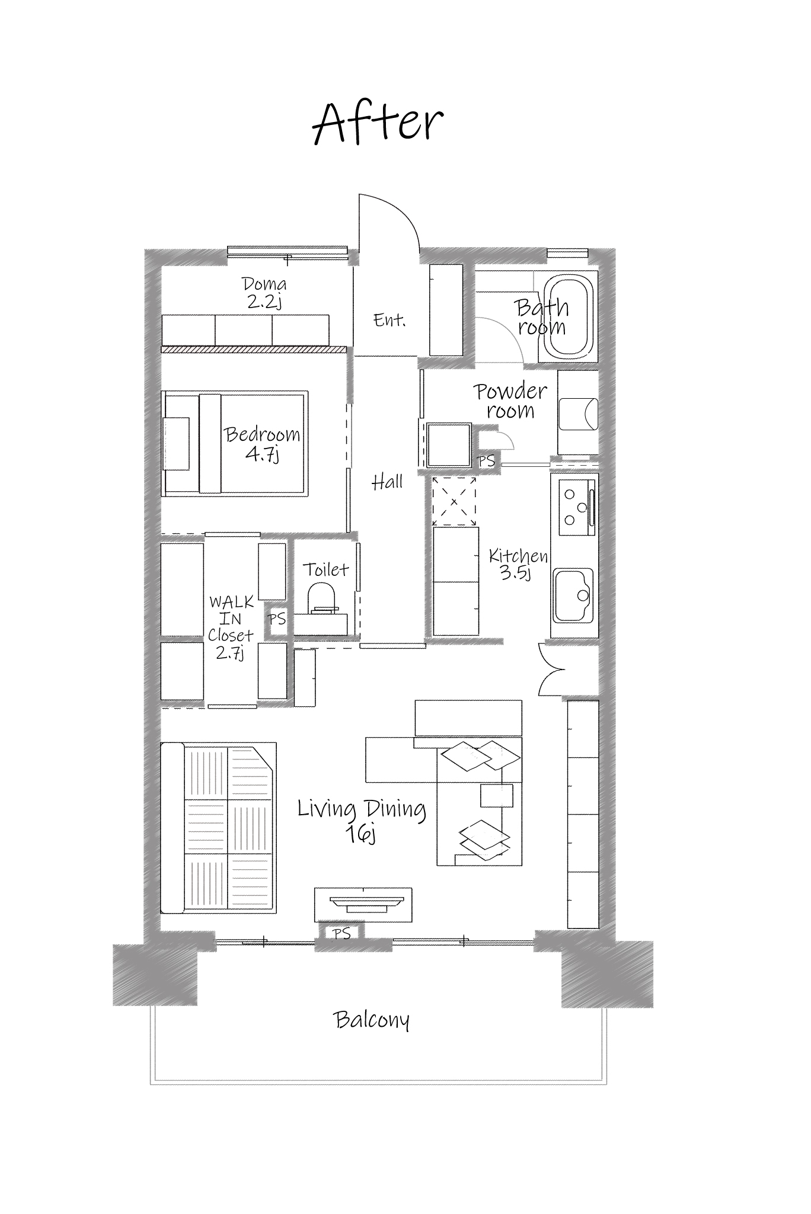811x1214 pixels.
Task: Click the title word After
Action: tap(378, 124)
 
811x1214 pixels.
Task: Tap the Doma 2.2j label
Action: tap(264, 293)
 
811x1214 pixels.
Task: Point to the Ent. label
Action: tap(389, 321)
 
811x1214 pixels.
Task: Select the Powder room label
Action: tap(510, 401)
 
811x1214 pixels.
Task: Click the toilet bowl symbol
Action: tap(323, 597)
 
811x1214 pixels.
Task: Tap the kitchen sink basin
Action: tap(573, 594)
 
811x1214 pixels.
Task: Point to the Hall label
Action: tap(387, 483)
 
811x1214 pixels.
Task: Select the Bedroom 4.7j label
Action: tap(262, 443)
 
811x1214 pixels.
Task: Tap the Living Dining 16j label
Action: tap(362, 819)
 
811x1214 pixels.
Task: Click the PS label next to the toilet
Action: tap(277, 620)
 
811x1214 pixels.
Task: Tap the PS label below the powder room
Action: tap(486, 460)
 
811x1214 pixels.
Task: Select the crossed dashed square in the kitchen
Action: tap(454, 501)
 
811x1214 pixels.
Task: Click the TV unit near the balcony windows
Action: tap(363, 904)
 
